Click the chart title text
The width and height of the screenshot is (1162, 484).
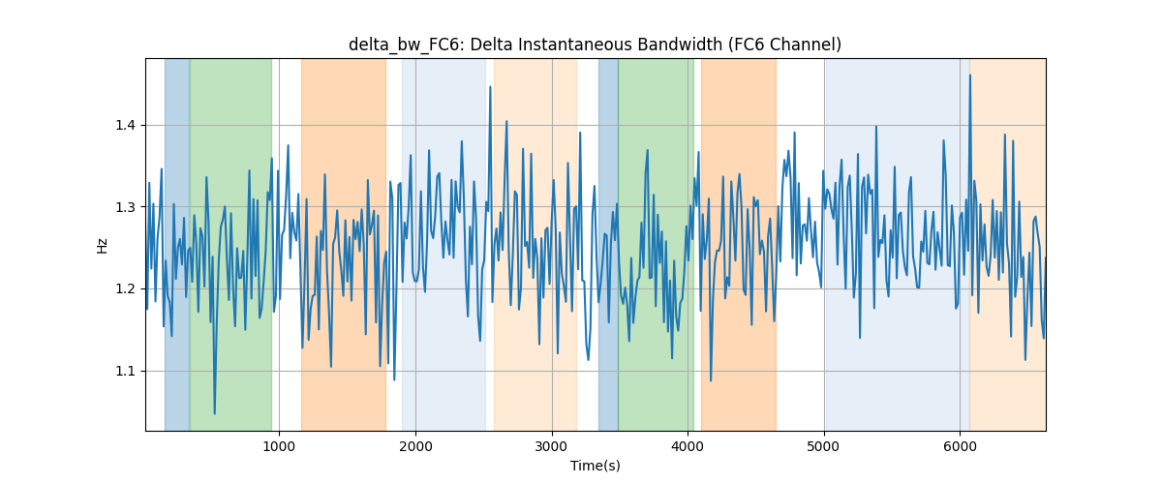coord(595,45)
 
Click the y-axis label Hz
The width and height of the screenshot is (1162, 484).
coord(103,245)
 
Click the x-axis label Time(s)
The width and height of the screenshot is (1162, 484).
coord(595,466)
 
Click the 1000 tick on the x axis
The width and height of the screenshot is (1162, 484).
coord(279,446)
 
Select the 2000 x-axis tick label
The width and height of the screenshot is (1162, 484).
coord(415,446)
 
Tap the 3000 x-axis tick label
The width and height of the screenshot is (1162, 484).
coord(552,446)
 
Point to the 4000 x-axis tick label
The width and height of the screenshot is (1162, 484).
coord(688,446)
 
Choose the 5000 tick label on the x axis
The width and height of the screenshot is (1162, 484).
coord(824,446)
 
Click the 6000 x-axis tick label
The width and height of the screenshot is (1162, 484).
coord(961,446)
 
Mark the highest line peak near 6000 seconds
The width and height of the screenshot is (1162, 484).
coord(970,76)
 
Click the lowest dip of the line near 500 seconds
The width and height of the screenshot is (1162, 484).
coord(215,413)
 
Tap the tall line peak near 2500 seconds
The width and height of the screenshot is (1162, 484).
coord(490,87)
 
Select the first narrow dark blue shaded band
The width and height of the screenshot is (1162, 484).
coord(177,244)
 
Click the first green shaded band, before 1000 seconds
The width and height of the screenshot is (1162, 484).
coord(230,244)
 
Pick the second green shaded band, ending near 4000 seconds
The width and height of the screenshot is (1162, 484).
coord(657,244)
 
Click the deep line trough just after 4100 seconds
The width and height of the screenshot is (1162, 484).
coord(711,380)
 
